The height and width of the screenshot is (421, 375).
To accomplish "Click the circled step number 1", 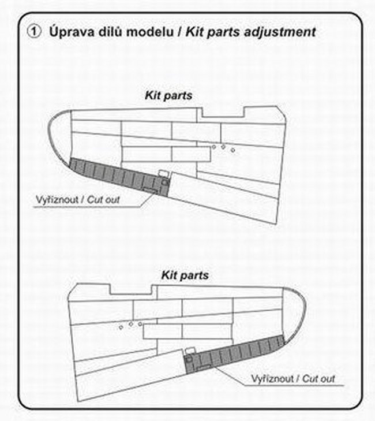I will point(32,32).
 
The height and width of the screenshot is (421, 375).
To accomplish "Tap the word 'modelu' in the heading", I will point(151,32).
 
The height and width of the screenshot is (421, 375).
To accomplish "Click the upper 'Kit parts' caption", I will point(168,95).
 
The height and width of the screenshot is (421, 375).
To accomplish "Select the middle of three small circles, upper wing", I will point(223,147).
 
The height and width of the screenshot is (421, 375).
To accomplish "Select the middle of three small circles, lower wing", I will point(131,325).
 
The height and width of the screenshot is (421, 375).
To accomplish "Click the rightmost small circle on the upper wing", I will point(232,150).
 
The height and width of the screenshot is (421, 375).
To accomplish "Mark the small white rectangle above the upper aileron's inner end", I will point(163,172).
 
